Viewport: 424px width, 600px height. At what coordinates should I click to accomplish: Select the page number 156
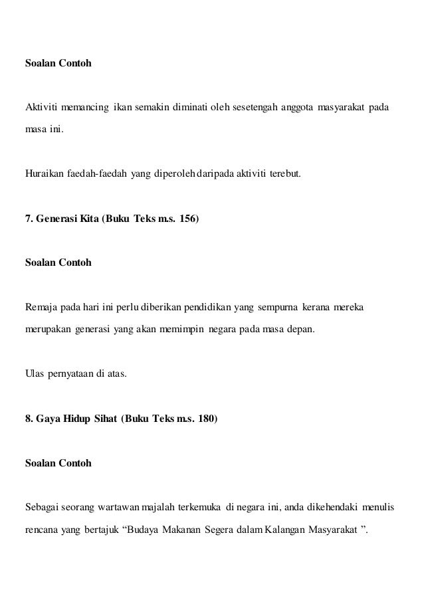click(189, 219)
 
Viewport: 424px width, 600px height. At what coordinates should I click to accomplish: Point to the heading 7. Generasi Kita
click(61, 219)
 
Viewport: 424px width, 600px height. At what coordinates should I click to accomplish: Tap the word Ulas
click(34, 375)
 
